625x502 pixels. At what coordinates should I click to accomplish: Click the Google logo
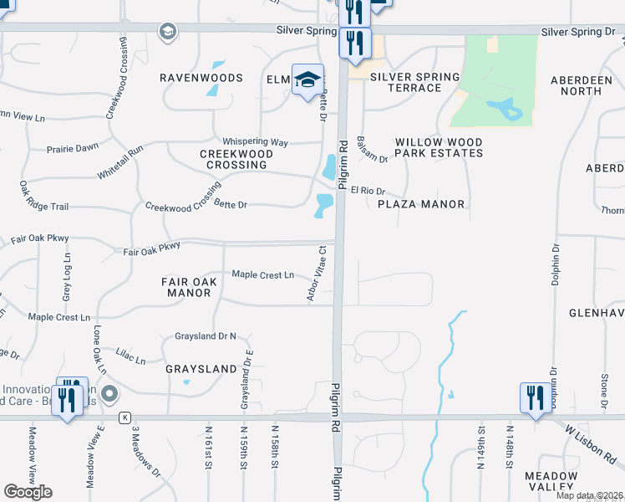28,492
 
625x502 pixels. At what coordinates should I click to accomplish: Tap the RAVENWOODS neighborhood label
201,78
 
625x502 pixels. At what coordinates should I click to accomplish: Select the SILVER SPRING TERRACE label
415,82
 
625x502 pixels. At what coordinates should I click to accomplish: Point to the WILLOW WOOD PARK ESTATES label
439,148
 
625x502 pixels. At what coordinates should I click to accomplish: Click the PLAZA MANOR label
421,203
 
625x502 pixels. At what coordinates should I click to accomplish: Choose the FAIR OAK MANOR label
189,287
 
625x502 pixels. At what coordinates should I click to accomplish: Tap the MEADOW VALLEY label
551,480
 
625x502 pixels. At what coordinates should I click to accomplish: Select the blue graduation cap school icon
307,80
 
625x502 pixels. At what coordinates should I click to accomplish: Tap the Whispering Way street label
255,142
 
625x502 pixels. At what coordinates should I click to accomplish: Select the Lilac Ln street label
130,356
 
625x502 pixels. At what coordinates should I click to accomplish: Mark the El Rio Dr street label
367,191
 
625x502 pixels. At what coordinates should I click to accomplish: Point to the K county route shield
124,417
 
